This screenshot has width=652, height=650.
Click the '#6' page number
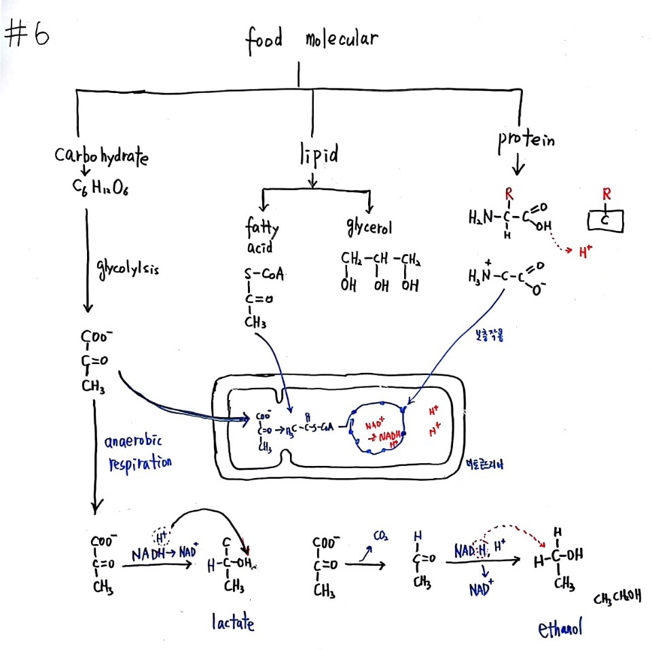pyautogui.click(x=27, y=35)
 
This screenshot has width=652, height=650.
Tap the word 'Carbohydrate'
pyautogui.click(x=101, y=156)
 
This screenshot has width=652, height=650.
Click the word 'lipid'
pyautogui.click(x=318, y=156)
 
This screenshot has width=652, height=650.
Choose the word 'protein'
pyautogui.click(x=526, y=141)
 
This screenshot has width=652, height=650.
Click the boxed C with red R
pyautogui.click(x=605, y=221)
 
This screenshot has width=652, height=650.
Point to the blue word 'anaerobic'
pyautogui.click(x=134, y=443)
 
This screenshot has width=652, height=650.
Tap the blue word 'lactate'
pyautogui.click(x=232, y=622)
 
